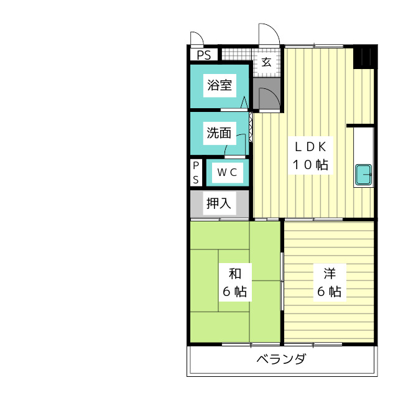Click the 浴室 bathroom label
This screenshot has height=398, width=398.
(x=220, y=85)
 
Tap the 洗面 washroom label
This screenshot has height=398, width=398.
(x=219, y=132)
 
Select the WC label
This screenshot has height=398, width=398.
(x=226, y=173)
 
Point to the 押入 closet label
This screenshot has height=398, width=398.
(x=219, y=203)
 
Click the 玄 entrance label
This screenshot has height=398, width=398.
(x=266, y=62)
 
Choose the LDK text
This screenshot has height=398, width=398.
(x=311, y=147)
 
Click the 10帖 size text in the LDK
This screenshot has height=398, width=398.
(x=311, y=165)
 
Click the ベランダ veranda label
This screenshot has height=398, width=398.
(x=281, y=360)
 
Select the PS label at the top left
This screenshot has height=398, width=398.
(x=204, y=55)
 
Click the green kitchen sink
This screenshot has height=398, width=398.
(x=363, y=175)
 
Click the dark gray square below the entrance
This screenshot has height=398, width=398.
(x=266, y=93)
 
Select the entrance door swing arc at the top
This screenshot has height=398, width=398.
(x=267, y=34)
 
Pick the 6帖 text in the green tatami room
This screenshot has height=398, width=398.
(x=234, y=292)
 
